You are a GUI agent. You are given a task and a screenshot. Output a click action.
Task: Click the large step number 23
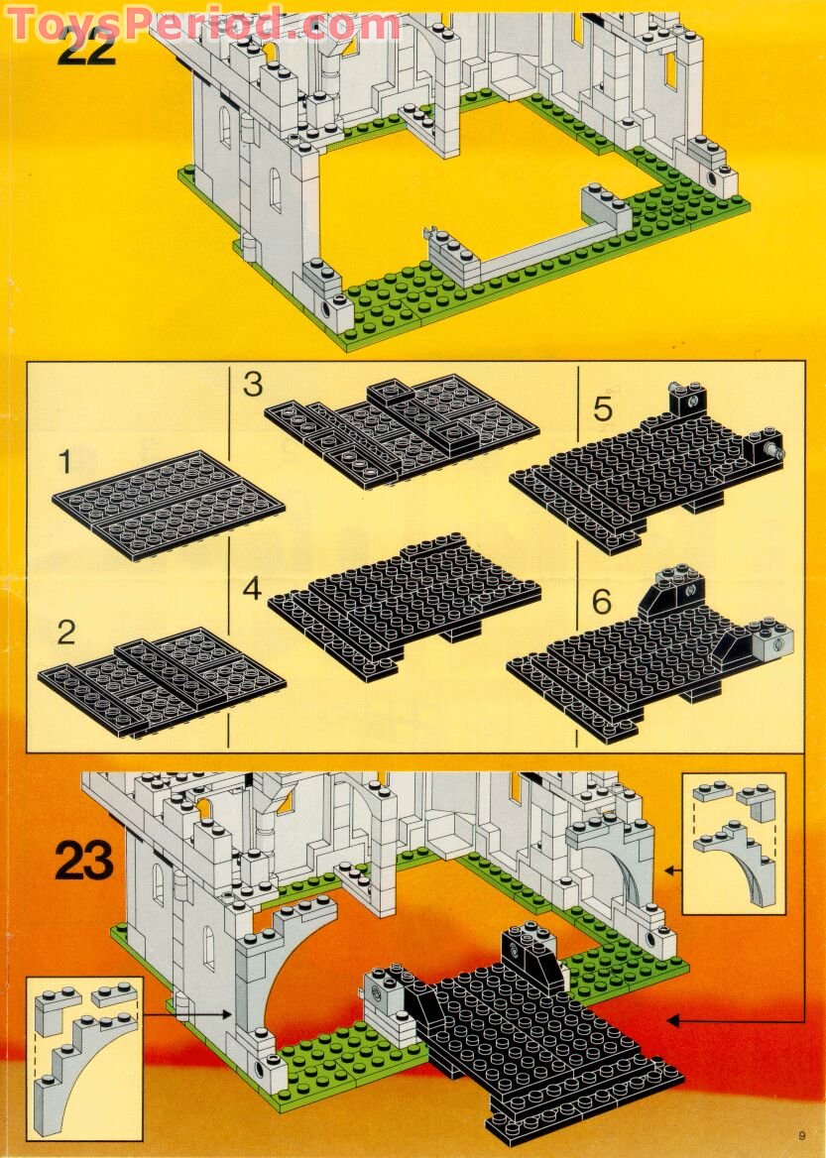84,860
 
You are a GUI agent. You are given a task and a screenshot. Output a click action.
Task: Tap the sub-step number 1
64,461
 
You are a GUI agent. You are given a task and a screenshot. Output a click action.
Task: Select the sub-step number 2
65,632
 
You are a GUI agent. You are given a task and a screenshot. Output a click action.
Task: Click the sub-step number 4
253,589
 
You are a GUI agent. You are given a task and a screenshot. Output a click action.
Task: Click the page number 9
800,1136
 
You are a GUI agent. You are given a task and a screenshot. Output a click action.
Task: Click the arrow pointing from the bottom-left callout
188,1013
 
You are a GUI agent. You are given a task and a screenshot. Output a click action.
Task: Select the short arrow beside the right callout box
671,870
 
